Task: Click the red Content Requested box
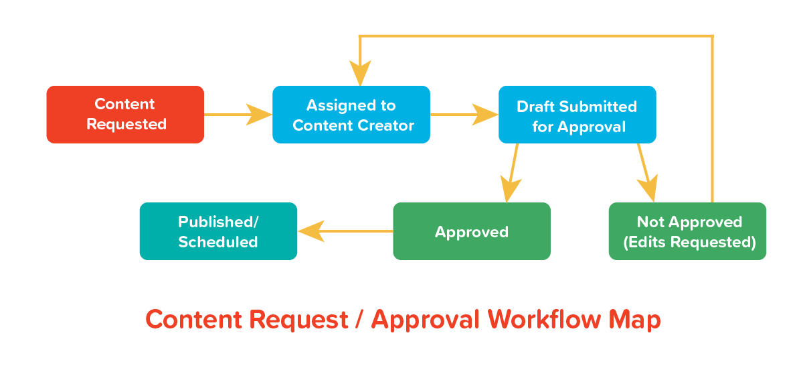125,115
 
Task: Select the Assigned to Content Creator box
351,115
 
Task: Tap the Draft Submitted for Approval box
577,115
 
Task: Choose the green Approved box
472,231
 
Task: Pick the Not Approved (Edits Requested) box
687,231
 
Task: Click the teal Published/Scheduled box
218,231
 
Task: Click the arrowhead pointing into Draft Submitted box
486,115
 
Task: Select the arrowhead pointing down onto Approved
510,190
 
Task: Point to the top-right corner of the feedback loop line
712,36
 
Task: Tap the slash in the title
359,320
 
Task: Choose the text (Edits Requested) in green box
689,242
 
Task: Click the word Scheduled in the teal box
218,242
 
